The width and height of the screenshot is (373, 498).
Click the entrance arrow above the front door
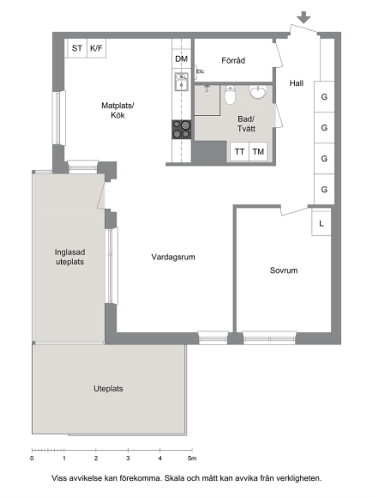304,17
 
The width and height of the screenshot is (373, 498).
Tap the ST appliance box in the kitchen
77,48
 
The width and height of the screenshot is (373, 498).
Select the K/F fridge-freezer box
96,48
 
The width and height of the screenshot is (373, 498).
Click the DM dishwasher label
182,58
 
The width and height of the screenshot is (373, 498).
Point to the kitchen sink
182,82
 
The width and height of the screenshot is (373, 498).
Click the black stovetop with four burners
182,130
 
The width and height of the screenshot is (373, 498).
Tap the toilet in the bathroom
230,94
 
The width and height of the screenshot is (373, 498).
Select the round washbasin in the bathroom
257,92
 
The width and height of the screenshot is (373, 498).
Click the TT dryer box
239,151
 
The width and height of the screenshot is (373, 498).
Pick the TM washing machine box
258,151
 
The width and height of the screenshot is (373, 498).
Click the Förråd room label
233,60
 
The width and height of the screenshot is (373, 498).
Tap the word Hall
296,83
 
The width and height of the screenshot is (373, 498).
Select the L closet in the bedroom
322,223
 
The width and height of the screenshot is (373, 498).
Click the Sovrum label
284,270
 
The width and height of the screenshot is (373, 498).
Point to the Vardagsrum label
173,257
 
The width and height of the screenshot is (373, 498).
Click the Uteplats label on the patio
108,389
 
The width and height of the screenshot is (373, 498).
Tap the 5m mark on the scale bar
191,459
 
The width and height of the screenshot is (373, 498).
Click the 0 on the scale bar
32,459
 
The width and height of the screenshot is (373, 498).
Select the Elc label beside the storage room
200,71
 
